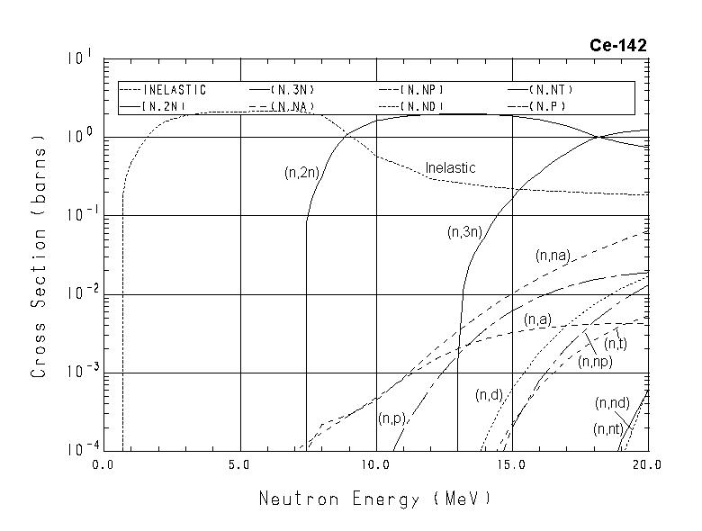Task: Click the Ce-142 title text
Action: pos(618,46)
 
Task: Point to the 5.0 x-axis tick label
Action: pos(239,466)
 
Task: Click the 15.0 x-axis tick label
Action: pos(511,466)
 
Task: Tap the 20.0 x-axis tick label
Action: pos(646,466)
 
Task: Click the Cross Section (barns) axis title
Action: pos(39,256)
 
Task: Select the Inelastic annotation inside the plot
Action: pos(450,168)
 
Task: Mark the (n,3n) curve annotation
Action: pos(465,232)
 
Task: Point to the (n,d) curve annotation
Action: pos(490,396)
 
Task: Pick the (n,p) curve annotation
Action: pos(392,418)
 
